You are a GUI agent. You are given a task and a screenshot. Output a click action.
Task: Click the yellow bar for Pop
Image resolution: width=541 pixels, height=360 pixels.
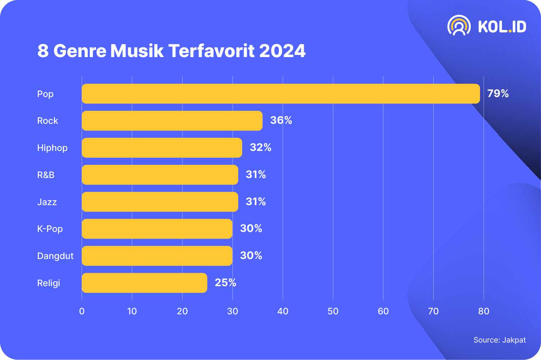(281, 94)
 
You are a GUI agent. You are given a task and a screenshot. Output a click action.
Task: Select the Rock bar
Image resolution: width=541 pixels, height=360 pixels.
(172, 121)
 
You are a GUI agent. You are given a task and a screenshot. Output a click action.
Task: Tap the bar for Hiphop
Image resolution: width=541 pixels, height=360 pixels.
(162, 148)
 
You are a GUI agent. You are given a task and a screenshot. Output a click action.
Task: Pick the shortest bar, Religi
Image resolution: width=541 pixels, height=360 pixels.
(144, 283)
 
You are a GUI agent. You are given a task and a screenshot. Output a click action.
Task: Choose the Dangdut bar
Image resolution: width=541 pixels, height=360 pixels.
(157, 256)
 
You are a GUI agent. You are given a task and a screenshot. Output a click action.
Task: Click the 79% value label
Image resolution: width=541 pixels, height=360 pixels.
(498, 93)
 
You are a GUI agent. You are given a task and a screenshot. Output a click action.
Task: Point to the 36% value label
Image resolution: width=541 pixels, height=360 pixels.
(281, 120)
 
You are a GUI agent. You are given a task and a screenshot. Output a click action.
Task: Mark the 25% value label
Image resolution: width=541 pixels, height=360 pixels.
(225, 283)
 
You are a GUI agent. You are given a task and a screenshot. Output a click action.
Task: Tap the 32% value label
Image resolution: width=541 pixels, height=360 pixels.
(261, 147)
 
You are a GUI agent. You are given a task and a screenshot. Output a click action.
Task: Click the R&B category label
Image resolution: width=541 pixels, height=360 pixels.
(46, 175)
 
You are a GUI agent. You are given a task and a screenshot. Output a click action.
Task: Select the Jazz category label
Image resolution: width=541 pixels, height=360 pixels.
(47, 202)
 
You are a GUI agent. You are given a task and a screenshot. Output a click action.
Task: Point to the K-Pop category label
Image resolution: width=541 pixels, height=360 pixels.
(50, 229)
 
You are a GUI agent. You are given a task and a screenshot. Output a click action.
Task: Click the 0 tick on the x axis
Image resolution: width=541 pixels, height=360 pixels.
(82, 311)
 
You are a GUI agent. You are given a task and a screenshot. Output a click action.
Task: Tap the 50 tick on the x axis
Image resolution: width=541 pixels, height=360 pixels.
(333, 311)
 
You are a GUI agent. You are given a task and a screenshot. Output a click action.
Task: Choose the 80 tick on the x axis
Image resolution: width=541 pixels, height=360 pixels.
(484, 311)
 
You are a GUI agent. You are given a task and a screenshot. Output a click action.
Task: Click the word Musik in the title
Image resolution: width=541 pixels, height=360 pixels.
(137, 51)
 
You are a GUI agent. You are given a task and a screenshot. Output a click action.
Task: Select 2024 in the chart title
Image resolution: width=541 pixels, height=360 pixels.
(282, 51)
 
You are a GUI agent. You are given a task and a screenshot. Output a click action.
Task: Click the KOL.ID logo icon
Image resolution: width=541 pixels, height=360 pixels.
(459, 26)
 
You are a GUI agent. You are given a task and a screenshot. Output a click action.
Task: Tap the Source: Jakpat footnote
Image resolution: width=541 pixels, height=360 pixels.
(499, 340)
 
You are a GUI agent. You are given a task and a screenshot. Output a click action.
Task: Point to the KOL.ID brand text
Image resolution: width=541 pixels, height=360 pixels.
(502, 27)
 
